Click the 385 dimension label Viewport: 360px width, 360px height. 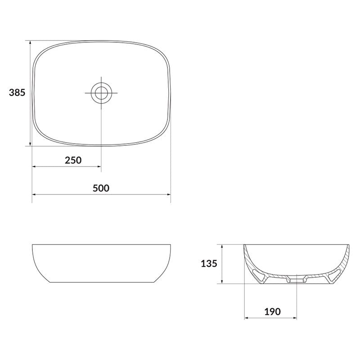point(17,93)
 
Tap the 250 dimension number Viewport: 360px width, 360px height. point(73,160)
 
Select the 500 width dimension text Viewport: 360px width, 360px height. point(101,188)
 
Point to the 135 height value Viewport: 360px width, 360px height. point(209,264)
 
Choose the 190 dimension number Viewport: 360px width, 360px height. point(273,312)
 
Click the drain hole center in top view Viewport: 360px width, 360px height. point(101,93)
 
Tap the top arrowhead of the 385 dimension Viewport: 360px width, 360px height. point(30,43)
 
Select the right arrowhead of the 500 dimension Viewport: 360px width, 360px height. point(168,194)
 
